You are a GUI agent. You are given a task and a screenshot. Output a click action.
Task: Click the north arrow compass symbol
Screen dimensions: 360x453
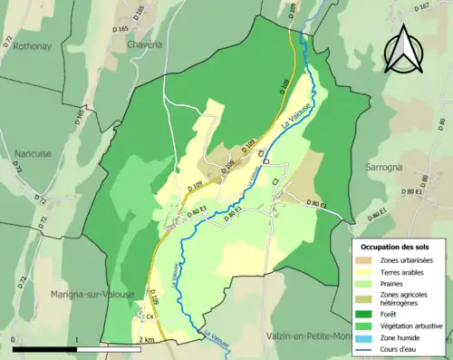405,49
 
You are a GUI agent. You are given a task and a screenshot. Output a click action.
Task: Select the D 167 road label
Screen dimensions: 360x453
447,8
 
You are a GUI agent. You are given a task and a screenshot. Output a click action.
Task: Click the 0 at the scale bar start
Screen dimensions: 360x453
14,338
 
